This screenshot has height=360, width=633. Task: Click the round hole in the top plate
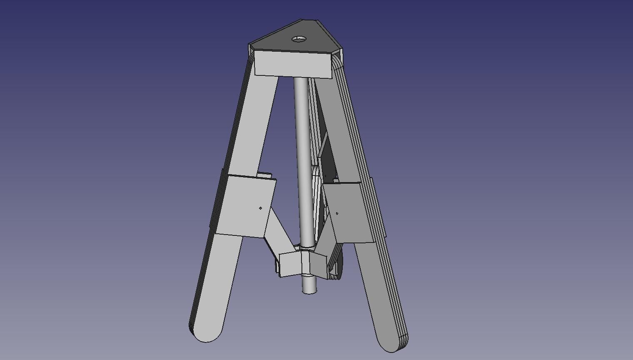click(299, 39)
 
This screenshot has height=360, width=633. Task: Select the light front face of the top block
click(293, 64)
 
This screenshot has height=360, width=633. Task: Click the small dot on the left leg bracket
click(261, 208)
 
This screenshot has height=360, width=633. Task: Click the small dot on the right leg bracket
click(337, 213)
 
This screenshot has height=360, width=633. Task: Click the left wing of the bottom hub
click(290, 264)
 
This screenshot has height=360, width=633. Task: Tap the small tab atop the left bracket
click(264, 175)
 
